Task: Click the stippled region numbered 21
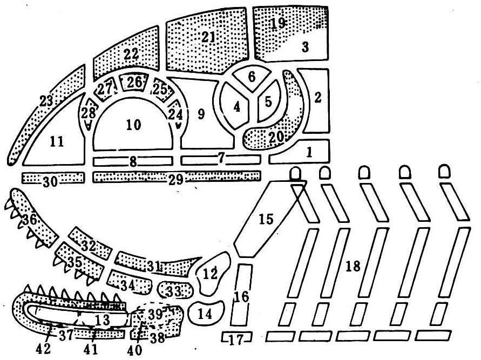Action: coord(207,42)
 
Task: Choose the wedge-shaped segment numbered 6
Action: coord(252,77)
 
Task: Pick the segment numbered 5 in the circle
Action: coord(268,101)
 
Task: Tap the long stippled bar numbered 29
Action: coord(177,176)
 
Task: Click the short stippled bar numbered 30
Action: coord(53,178)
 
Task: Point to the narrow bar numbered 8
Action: coord(133,161)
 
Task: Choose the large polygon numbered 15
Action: coord(266,219)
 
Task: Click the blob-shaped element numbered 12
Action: coord(212,274)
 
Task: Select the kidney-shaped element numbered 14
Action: coord(206,313)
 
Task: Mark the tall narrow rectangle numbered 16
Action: coord(241,295)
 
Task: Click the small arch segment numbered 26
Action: coord(134,82)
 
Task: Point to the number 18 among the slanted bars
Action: coord(353,266)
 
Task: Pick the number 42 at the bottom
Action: coord(44,349)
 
